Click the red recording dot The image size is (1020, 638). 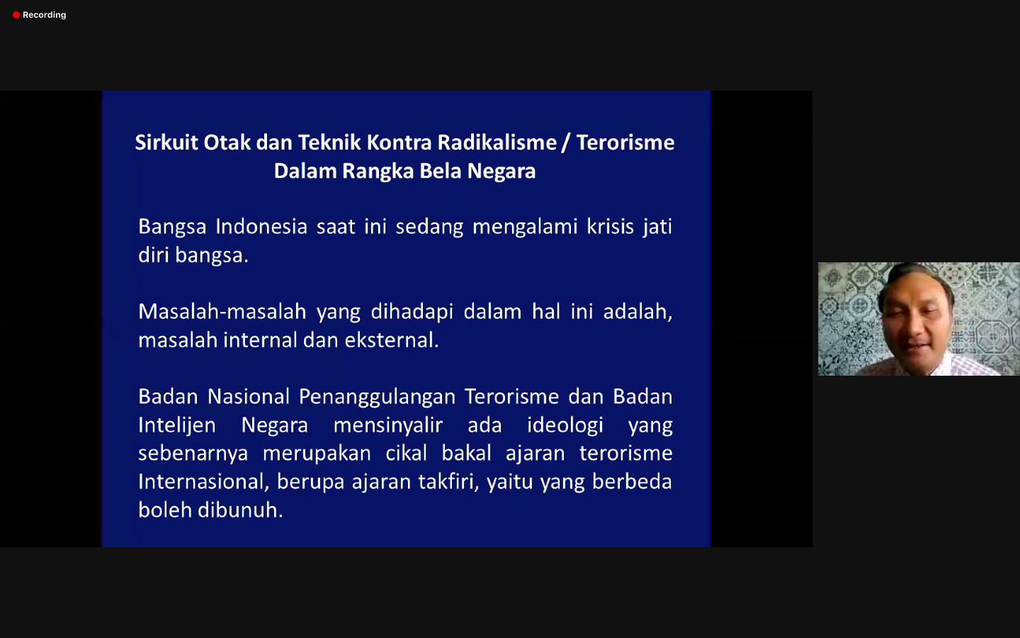pos(16,15)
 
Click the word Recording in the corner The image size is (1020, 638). pos(44,15)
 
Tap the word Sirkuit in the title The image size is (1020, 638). pos(166,142)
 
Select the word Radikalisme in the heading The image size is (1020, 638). pos(497,142)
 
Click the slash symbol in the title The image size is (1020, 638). pos(566,143)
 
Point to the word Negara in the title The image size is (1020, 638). pos(501,172)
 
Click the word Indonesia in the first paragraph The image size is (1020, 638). pos(261,227)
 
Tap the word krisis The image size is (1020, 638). pos(610,227)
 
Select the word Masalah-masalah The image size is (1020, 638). pos(222,312)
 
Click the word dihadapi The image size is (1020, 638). pos(412,312)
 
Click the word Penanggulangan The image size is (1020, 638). pos(377,397)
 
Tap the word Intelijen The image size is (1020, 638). pos(177,425)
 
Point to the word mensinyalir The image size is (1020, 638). pos(388,425)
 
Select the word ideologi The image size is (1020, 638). pos(565,425)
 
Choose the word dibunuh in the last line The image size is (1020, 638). pos(240,510)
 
